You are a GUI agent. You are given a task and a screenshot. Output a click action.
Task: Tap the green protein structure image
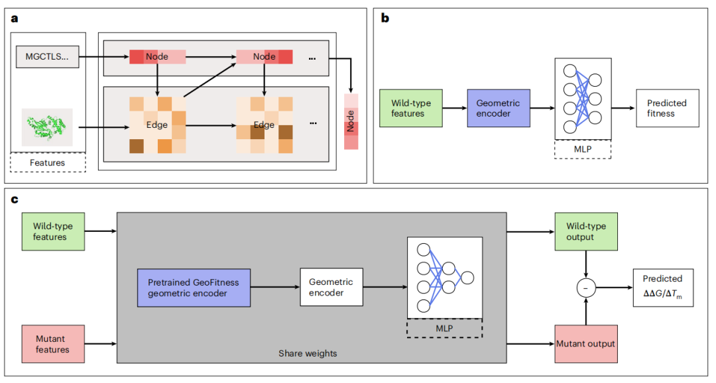46,127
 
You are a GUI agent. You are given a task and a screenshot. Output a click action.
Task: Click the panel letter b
385,18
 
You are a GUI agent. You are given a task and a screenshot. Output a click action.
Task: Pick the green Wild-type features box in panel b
410,109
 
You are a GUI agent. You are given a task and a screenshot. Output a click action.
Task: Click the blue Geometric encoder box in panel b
498,109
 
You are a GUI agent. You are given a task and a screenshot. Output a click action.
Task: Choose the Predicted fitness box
666,109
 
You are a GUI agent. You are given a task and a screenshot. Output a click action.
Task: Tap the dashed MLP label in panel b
582,149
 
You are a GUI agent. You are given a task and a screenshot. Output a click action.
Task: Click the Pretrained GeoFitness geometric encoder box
194,288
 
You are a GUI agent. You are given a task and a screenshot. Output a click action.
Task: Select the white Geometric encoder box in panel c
331,287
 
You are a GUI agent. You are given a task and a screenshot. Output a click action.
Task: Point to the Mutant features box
52,344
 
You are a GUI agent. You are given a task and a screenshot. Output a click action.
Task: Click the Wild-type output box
585,232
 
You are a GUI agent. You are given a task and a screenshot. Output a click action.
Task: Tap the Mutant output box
585,344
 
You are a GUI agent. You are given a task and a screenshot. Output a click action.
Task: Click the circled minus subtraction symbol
585,288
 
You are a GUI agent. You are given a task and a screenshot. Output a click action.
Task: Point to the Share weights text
307,353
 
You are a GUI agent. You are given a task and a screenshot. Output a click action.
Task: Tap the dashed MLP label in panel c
445,327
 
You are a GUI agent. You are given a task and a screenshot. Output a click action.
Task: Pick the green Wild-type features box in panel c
52,232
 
